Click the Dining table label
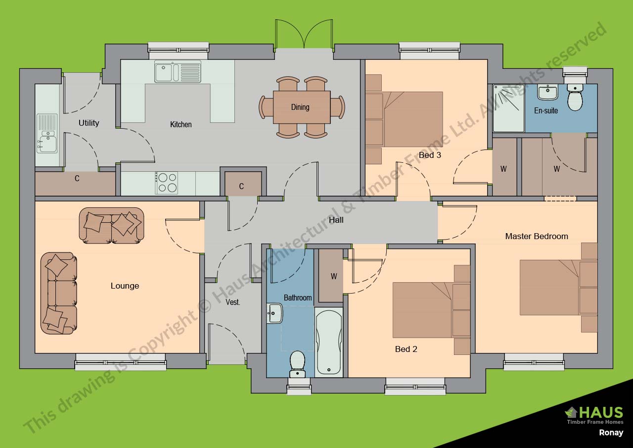click(x=300, y=107)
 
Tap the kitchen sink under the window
click(x=178, y=71)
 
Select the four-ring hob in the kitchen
click(x=167, y=183)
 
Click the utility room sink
click(x=47, y=133)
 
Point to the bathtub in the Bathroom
click(x=329, y=342)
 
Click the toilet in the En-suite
click(x=575, y=98)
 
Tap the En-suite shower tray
click(x=509, y=108)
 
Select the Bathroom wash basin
click(x=274, y=313)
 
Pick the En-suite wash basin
click(x=547, y=92)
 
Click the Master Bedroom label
click(x=537, y=236)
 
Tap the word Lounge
click(x=125, y=286)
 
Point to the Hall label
click(x=336, y=220)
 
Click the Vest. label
click(x=233, y=302)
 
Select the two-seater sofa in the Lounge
click(x=112, y=226)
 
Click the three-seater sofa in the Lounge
click(x=59, y=293)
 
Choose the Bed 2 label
click(x=406, y=349)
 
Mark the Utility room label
click(x=89, y=123)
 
